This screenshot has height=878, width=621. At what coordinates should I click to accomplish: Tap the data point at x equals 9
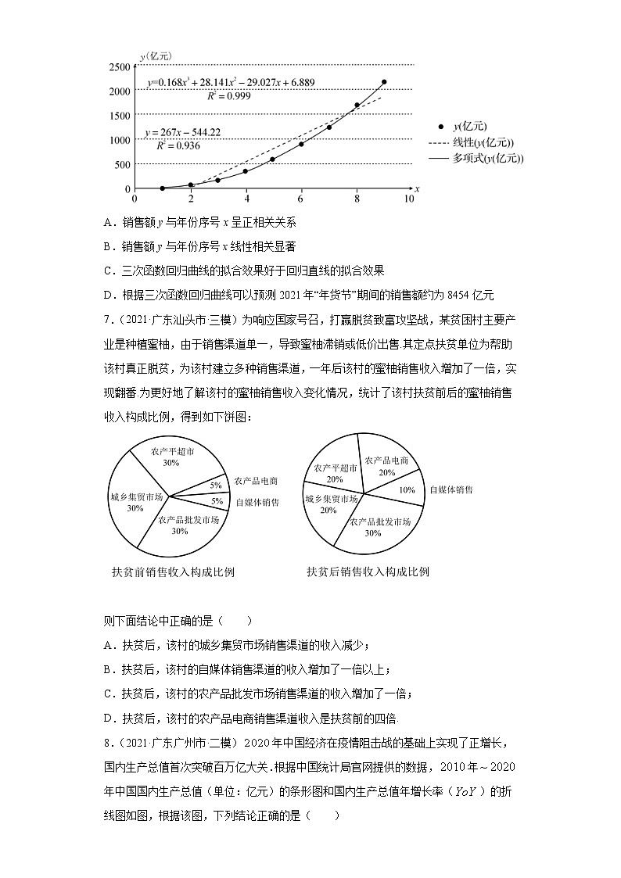point(384,82)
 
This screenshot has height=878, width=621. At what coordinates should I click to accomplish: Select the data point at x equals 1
point(162,188)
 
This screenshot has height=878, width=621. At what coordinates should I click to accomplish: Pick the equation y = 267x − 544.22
point(183,132)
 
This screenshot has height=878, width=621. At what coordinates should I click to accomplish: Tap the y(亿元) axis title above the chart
point(156,56)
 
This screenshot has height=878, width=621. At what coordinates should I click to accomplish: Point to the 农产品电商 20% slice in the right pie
point(386,466)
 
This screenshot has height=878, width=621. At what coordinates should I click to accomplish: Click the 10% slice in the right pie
point(406,490)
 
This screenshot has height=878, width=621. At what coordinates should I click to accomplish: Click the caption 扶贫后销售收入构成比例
point(368,572)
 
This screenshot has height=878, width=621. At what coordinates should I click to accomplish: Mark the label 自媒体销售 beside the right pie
point(451,490)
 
